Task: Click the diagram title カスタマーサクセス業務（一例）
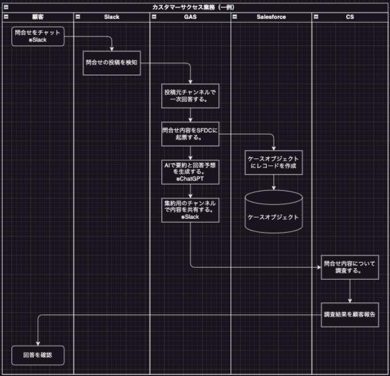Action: (193, 7)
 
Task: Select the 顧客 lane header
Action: (38, 17)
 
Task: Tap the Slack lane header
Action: (112, 17)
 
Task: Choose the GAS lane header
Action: (190, 17)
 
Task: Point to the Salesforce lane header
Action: (271, 17)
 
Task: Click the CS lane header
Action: (350, 17)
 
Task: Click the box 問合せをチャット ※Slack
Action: (38, 36)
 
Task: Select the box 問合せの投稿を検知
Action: (112, 63)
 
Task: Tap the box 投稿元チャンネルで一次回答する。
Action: (190, 96)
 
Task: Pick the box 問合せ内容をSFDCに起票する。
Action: (190, 134)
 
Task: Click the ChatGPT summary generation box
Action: (190, 172)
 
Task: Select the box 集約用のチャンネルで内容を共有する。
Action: (190, 210)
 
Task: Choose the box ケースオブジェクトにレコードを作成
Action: (274, 162)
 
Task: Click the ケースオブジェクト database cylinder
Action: (274, 212)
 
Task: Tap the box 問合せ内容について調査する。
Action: (350, 267)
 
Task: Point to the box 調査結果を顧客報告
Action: (350, 314)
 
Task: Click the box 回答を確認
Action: (38, 355)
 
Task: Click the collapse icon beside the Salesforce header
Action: (234, 17)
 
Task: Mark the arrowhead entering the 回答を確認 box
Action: (38, 344)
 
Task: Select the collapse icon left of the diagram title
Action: (6, 7)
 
